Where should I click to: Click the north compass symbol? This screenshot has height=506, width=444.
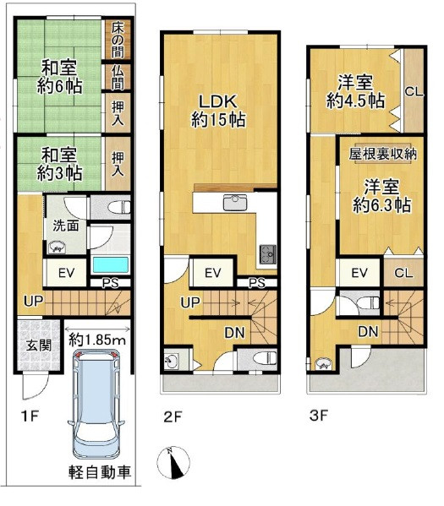coord(173,463)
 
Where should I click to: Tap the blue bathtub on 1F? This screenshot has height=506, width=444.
coord(111,265)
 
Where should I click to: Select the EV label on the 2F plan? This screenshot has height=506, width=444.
coord(212,274)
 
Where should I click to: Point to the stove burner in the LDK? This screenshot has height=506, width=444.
coord(268,253)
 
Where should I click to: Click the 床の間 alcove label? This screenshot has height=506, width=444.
coord(118,39)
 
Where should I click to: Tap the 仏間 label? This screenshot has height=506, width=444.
coord(118,78)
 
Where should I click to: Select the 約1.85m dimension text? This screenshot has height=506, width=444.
coord(97,340)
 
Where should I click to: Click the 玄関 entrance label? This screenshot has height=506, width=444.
coord(39,345)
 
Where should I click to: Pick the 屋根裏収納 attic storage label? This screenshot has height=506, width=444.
coord(383,154)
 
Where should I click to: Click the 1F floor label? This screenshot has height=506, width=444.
coord(30,416)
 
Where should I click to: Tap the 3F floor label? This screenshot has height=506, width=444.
coord(319,416)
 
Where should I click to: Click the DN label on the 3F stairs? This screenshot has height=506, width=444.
coord(368,331)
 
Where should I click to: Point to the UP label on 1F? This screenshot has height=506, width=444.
coord(33,301)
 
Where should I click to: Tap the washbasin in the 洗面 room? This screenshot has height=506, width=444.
coord(58,248)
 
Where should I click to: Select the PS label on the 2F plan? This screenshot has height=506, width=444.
coord(257,283)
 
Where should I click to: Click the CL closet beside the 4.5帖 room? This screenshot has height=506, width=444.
coord(414,91)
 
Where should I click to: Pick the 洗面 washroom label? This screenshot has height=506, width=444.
coord(66,226)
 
